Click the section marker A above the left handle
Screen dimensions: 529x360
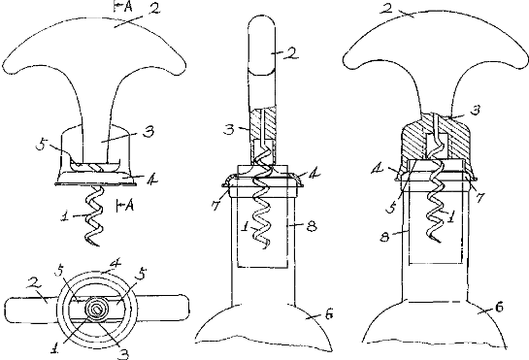pyautogui.click(x=127, y=7)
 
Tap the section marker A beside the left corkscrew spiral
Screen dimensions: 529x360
pyautogui.click(x=129, y=205)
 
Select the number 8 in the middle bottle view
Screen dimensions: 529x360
pyautogui.click(x=312, y=225)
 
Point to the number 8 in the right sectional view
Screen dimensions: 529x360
pyautogui.click(x=384, y=237)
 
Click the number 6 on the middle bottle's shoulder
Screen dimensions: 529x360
pyautogui.click(x=329, y=314)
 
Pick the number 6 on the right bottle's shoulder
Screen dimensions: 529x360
pyautogui.click(x=499, y=307)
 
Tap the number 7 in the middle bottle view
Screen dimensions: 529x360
pyautogui.click(x=216, y=205)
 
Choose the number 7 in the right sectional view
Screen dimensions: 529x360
pyautogui.click(x=479, y=197)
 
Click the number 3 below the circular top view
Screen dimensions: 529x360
pyautogui.click(x=124, y=353)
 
